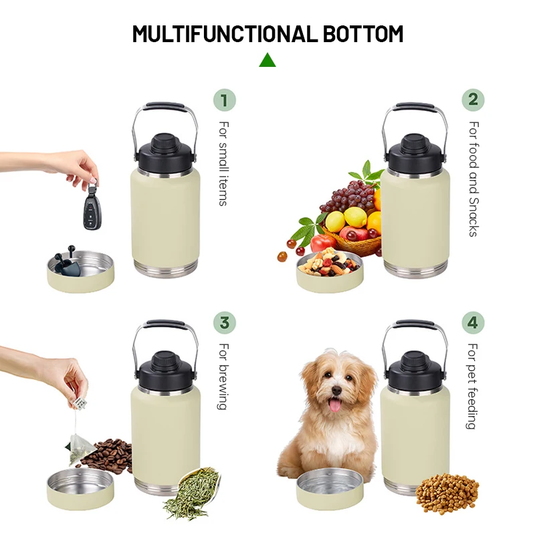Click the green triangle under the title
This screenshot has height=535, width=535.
[x=267, y=60]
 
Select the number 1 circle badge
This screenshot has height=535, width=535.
[x=225, y=100]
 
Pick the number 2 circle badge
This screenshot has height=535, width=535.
[x=473, y=100]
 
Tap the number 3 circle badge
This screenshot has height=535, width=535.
[x=225, y=322]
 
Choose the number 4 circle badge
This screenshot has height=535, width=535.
[x=473, y=322]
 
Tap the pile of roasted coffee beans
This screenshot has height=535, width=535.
[x=107, y=455]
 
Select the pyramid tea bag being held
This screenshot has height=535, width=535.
[x=78, y=445]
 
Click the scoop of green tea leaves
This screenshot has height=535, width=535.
[x=193, y=492]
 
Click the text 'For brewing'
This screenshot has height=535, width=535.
[x=223, y=376]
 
